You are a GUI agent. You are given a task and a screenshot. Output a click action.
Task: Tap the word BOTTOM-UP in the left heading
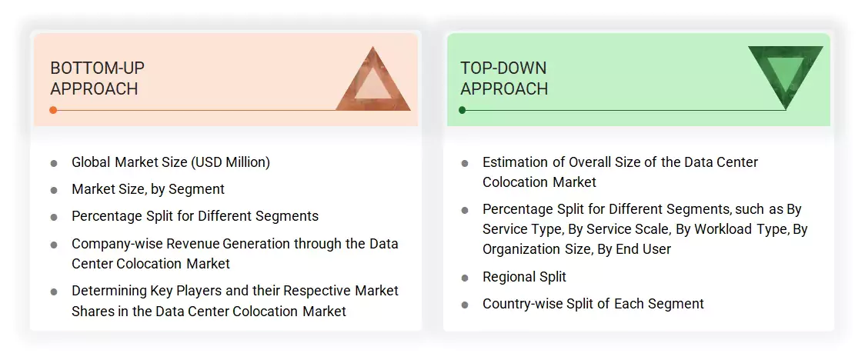click(x=97, y=68)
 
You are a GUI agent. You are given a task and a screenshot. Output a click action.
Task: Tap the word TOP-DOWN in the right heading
click(x=503, y=68)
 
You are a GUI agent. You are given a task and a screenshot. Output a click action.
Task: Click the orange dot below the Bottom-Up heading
click(x=53, y=110)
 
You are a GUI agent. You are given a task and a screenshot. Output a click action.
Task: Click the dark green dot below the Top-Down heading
click(x=463, y=110)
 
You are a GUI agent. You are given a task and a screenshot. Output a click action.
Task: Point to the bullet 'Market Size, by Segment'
click(x=148, y=189)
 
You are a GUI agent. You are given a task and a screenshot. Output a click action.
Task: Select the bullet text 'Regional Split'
click(x=524, y=277)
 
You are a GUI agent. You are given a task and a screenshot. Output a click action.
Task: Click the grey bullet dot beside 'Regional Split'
click(x=465, y=278)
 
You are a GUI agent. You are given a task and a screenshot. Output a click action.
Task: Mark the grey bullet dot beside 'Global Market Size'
click(x=54, y=163)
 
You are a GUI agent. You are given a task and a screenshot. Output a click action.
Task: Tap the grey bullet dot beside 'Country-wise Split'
click(x=465, y=305)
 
